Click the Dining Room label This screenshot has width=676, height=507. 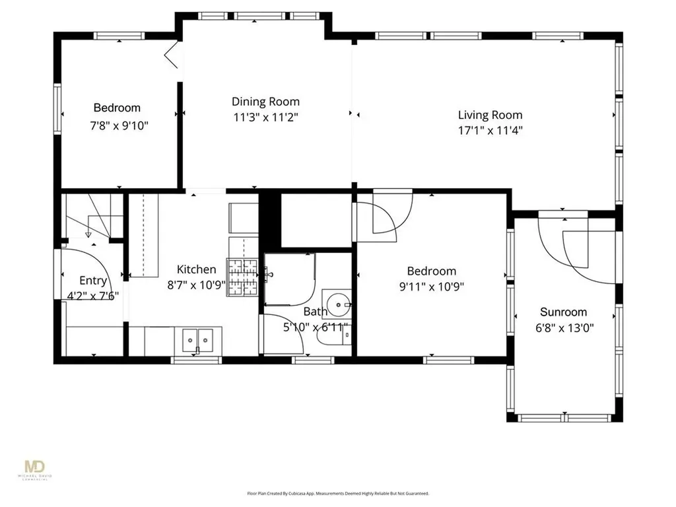pos(265,102)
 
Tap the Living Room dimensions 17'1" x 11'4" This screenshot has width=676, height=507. pos(490,131)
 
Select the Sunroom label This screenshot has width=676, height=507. pos(563,312)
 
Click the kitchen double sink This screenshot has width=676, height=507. pos(196,340)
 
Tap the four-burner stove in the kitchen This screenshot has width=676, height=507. pos(243,277)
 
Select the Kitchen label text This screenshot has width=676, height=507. pos(196,269)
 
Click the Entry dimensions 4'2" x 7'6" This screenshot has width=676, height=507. pos(92,296)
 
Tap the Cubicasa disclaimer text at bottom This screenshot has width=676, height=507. pos(338,493)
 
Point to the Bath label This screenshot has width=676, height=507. pos(315,312)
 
